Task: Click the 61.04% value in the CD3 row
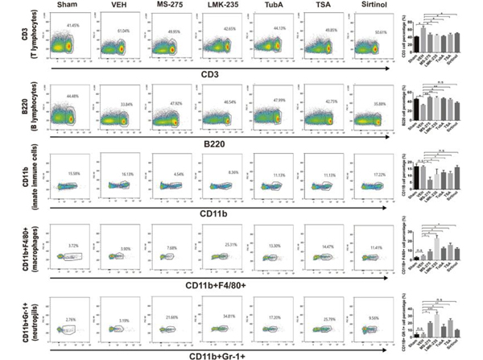coord(122,31)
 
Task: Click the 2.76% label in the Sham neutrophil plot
coord(73,320)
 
